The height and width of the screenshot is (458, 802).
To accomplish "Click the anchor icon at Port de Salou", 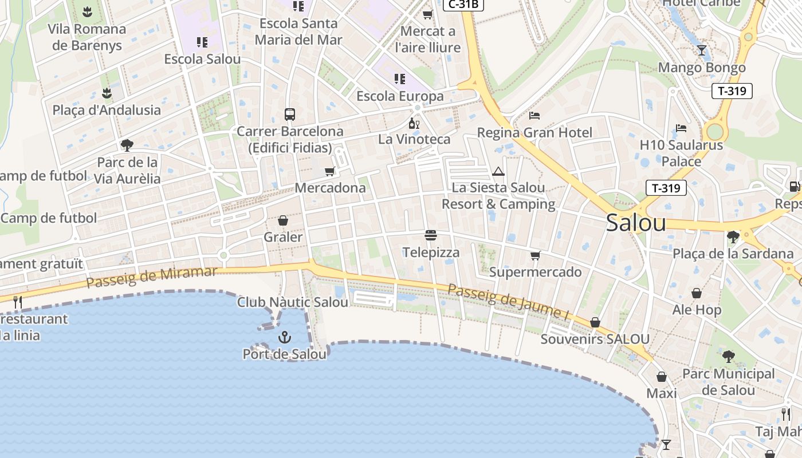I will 285,337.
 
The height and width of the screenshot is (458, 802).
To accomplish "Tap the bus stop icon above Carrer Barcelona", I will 290,114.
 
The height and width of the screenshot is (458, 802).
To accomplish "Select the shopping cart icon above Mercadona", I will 329,171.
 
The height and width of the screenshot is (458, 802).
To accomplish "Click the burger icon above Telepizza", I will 431,235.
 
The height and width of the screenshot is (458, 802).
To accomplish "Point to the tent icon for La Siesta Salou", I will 498,171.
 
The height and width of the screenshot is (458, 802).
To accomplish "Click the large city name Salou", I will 636,223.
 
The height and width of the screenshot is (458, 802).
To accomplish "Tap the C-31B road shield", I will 463,5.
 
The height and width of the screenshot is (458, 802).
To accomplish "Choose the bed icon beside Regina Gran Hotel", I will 534,116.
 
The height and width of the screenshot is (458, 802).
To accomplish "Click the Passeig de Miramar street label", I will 152,277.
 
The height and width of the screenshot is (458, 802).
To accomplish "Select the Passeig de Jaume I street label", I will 508,301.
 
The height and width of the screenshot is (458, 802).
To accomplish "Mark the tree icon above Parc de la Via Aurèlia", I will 127,145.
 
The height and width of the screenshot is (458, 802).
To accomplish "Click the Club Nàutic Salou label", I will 293,302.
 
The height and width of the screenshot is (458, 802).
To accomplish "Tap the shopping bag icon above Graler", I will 283,220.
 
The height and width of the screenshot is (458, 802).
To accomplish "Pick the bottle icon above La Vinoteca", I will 414,123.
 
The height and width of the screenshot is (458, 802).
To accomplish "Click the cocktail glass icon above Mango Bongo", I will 702,50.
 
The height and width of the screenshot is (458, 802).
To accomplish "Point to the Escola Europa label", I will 400,96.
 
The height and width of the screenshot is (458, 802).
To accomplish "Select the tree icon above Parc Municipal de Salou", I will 728,357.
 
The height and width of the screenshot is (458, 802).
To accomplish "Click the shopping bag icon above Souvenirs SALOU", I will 595,322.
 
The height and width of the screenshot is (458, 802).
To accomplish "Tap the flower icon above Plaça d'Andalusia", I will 107,93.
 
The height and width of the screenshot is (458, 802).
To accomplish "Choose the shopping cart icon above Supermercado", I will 535,255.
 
